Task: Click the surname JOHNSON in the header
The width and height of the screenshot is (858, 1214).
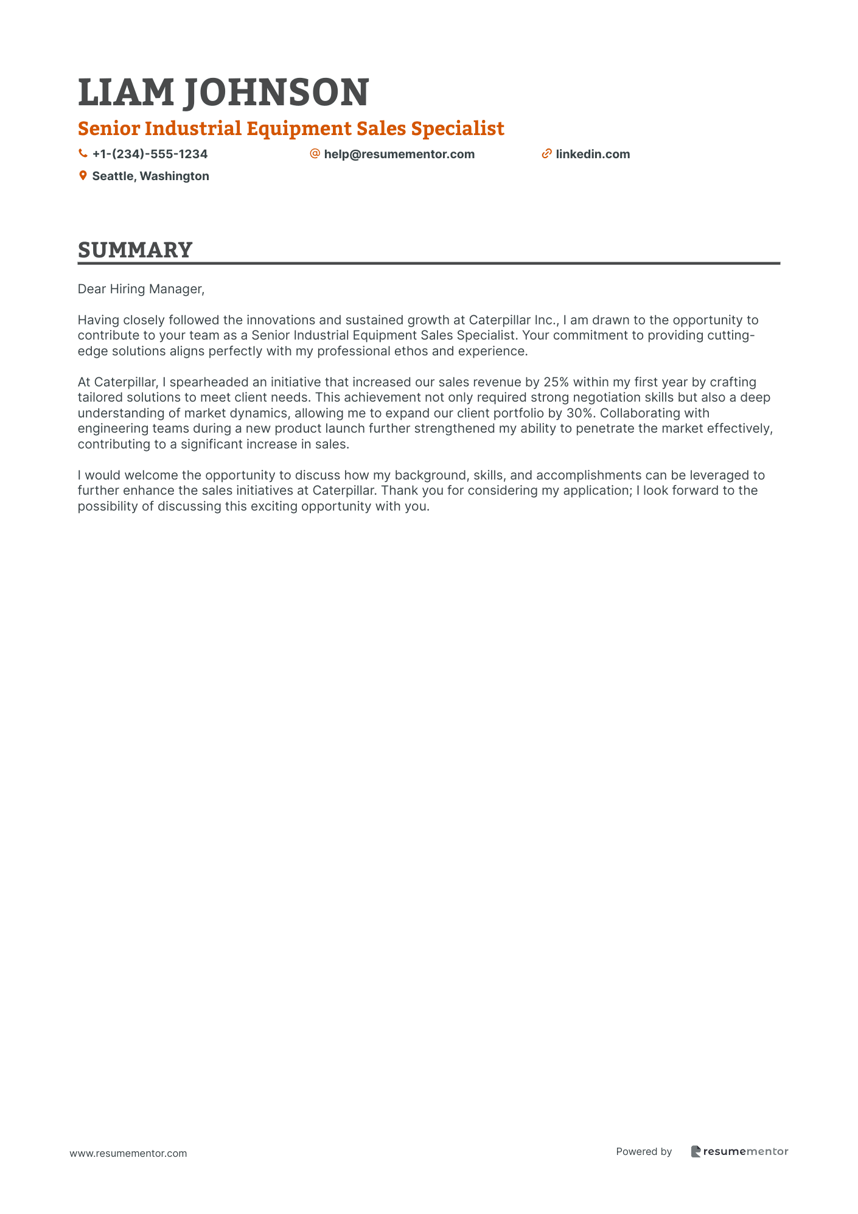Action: [x=276, y=92]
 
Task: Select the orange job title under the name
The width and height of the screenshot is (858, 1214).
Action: [x=291, y=128]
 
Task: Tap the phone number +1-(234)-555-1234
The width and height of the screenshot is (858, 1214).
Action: [x=150, y=154]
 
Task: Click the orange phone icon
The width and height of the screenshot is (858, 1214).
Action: [x=83, y=154]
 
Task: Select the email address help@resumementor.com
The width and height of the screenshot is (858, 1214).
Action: [x=399, y=154]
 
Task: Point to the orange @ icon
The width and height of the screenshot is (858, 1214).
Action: [x=315, y=153]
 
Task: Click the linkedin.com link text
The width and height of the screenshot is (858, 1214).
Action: [x=593, y=154]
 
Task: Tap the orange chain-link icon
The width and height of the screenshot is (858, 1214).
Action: [x=546, y=154]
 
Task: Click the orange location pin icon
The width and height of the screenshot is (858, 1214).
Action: [x=83, y=176]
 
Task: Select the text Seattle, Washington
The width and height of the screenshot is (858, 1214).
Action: [x=150, y=176]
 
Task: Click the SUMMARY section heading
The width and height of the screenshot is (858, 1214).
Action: [x=135, y=250]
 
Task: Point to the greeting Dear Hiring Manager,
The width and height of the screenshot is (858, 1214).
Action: [x=141, y=289]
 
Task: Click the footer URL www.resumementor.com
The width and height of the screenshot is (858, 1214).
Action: [x=128, y=1153]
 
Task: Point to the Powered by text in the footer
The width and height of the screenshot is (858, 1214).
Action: [x=644, y=1151]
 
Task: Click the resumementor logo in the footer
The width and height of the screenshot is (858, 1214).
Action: [x=739, y=1151]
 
